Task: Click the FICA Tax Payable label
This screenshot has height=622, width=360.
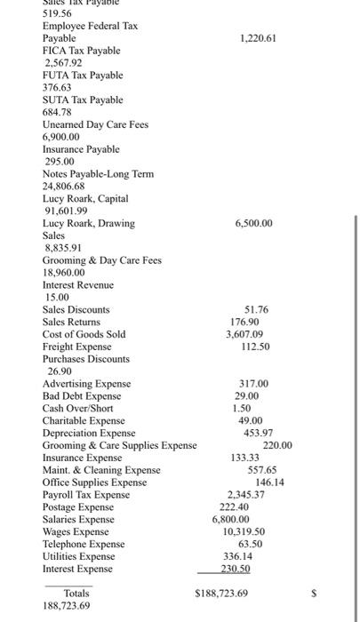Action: [83, 52]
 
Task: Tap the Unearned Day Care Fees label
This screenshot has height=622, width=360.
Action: [95, 125]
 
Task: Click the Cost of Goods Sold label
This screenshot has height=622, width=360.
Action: [84, 334]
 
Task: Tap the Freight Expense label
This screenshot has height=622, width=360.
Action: [77, 347]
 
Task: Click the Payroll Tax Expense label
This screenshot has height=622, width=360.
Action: [86, 494]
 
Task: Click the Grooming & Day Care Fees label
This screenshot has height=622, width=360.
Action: [102, 260]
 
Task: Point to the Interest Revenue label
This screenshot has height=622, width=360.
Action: [78, 285]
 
